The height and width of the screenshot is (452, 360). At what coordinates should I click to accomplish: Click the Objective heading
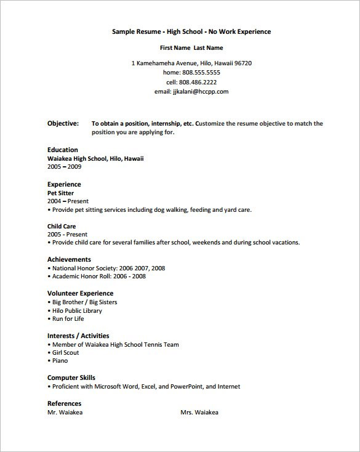tap(63, 123)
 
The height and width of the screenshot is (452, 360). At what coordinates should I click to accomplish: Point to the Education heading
tap(63, 150)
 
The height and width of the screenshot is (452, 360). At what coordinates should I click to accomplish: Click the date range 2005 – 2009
tap(65, 166)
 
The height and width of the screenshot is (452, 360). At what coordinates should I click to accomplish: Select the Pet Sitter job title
tap(61, 193)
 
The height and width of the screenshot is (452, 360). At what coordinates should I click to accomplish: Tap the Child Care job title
tap(62, 226)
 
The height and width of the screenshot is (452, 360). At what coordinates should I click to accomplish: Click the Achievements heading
tap(69, 259)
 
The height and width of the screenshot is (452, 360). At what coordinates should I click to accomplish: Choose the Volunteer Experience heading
tap(80, 293)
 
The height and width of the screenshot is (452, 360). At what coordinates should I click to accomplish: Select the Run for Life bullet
tap(68, 319)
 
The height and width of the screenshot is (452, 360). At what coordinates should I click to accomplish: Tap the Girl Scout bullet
tap(66, 353)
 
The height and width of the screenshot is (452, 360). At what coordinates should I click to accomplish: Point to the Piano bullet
tap(60, 361)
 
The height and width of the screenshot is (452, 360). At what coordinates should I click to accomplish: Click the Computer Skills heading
tap(71, 377)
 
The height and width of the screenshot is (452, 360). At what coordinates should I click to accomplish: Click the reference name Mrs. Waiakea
tap(199, 412)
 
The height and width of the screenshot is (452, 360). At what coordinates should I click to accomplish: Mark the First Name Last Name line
tap(191, 47)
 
